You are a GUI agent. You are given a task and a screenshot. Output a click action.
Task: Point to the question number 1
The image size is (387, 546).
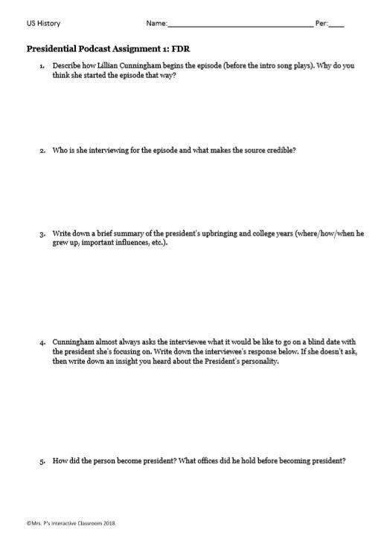[42, 66]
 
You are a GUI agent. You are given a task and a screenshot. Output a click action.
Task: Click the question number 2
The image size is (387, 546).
[42, 150]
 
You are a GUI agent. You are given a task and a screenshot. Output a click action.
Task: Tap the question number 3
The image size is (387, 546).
[42, 233]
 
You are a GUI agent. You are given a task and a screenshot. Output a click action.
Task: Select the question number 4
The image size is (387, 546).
[42, 343]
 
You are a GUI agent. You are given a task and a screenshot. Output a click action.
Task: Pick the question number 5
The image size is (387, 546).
[42, 461]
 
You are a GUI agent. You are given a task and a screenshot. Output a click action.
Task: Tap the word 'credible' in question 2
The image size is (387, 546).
[279, 150]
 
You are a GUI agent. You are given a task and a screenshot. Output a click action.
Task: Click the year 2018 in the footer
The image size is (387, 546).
[109, 524]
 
